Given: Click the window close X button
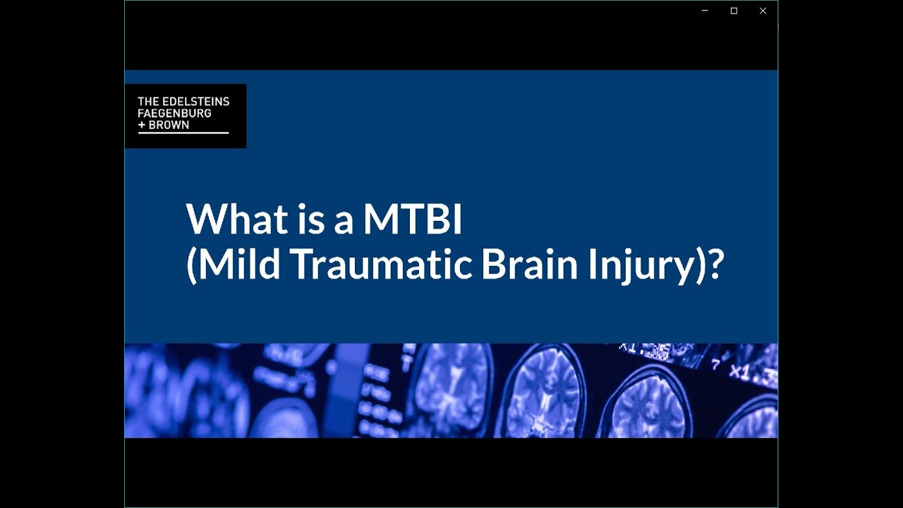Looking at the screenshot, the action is (763, 11).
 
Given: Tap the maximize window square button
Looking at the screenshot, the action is (734, 11).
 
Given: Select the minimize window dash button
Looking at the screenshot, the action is (705, 11).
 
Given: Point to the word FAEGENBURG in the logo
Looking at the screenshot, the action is (174, 113).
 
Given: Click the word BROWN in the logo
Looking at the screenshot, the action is (169, 125).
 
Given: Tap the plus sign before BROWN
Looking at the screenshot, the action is (141, 125).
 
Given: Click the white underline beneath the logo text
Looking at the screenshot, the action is (183, 133).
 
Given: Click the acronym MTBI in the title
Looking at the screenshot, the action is (413, 219).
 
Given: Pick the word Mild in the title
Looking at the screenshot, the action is (239, 264).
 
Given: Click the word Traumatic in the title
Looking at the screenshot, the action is (381, 264).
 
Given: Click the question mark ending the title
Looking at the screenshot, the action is (715, 264).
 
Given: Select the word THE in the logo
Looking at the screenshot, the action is (148, 101).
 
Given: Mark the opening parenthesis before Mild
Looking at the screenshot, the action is (191, 265).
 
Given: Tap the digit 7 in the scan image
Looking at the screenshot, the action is (715, 365).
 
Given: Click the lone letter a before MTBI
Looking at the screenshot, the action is (344, 224).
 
